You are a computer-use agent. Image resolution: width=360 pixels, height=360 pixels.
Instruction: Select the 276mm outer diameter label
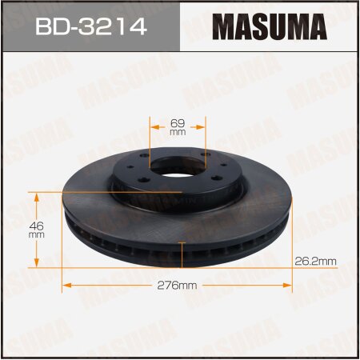[x=178, y=285]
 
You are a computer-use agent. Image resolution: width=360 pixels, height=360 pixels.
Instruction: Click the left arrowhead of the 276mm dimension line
[x=66, y=285]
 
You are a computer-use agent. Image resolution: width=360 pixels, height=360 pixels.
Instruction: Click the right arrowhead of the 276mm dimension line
[x=290, y=285]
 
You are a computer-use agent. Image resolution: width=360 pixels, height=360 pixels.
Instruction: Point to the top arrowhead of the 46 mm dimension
[x=36, y=194]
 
